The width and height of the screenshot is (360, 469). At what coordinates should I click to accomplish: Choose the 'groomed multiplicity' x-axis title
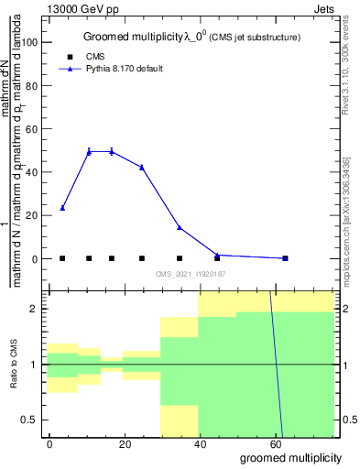point(290,457)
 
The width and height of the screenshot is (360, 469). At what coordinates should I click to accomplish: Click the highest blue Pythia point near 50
point(89,151)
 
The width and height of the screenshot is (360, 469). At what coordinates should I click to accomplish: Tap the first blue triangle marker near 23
point(62,208)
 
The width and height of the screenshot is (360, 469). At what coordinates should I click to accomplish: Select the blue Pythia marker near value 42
point(141,167)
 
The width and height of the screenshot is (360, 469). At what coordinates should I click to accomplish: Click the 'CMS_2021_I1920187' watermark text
point(190,274)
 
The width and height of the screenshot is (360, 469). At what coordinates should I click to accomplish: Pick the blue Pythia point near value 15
point(180,227)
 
